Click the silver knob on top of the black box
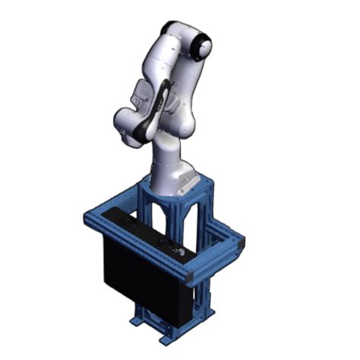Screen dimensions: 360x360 click(180, 250)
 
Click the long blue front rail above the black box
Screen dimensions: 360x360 click(137, 247)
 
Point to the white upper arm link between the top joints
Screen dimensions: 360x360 click(182, 76)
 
